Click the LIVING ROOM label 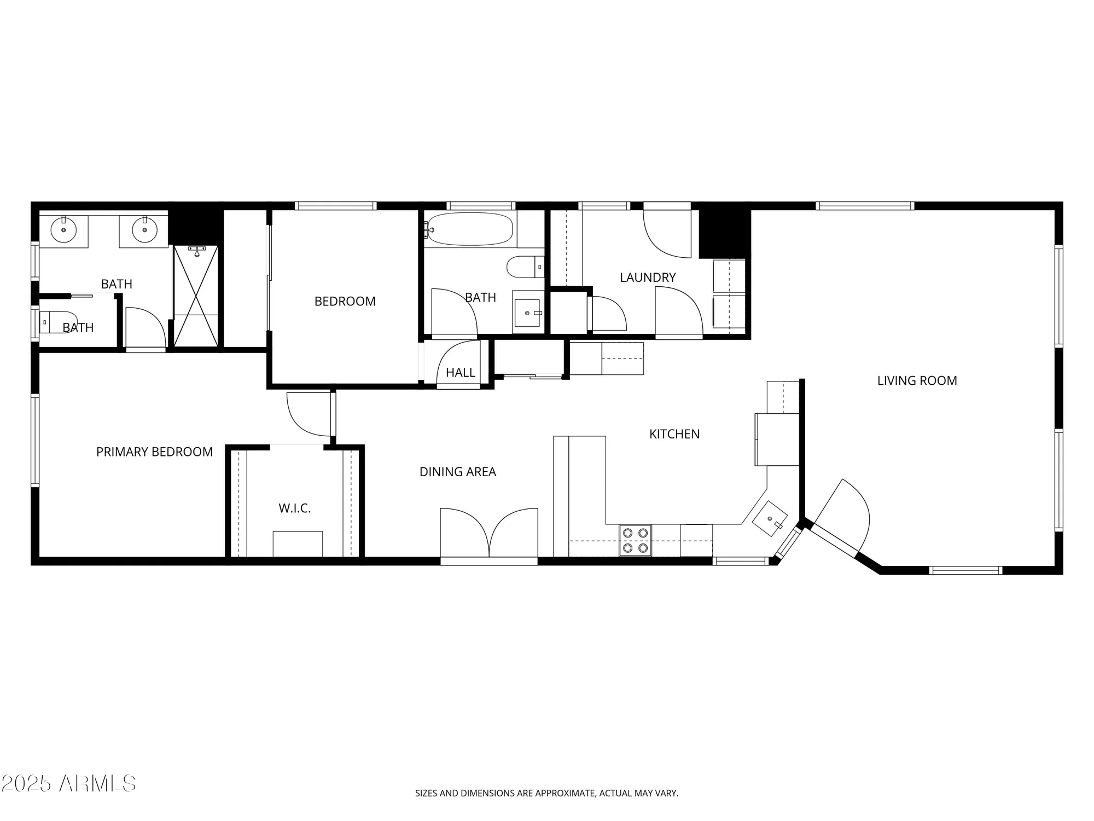pyautogui.click(x=917, y=381)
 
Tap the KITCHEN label pyautogui.click(x=674, y=434)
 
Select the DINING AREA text pyautogui.click(x=457, y=472)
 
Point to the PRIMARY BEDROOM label pyautogui.click(x=154, y=452)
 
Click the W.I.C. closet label pyautogui.click(x=294, y=508)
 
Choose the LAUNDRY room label pyautogui.click(x=648, y=277)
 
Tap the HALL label pyautogui.click(x=460, y=373)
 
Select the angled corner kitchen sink pyautogui.click(x=770, y=518)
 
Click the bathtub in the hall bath pyautogui.click(x=470, y=229)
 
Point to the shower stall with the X pyautogui.click(x=195, y=296)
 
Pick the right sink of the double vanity pyautogui.click(x=144, y=230)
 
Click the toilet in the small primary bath pyautogui.click(x=55, y=322)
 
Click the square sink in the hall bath pyautogui.click(x=527, y=313)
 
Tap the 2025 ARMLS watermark pyautogui.click(x=68, y=784)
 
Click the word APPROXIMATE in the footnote pyautogui.click(x=565, y=793)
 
